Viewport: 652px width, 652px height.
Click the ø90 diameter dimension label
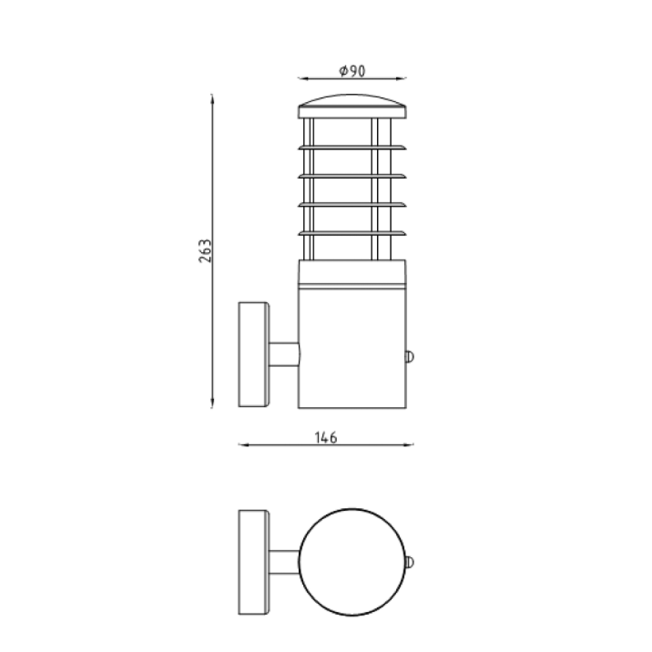[x=351, y=71]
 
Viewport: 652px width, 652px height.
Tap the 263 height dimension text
[x=205, y=251]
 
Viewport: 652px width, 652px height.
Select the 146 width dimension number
[x=325, y=438]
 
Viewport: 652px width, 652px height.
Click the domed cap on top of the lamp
[x=351, y=102]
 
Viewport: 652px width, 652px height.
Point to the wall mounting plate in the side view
[x=253, y=354]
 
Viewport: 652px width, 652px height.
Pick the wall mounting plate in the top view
[x=253, y=561]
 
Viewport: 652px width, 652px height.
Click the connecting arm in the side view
[x=284, y=355]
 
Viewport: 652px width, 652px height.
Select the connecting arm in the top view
[x=284, y=561]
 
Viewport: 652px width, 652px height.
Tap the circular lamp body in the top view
[x=351, y=561]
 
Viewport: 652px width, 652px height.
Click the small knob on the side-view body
[x=410, y=356]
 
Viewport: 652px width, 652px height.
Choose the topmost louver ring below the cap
[x=351, y=146]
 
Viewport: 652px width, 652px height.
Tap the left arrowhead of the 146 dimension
[x=242, y=446]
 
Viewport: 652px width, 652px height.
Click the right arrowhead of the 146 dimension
[x=410, y=446]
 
